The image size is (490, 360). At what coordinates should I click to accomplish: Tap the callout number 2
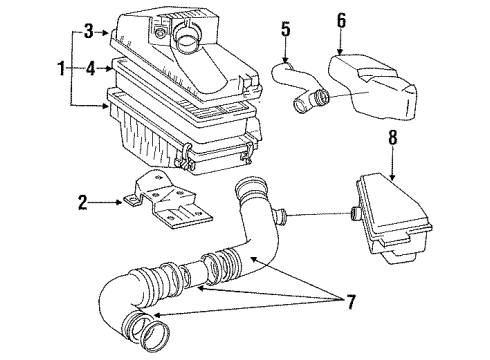click(82, 204)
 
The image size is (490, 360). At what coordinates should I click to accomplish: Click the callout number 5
click(286, 29)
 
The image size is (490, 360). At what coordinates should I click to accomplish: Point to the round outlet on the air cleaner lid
click(185, 43)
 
